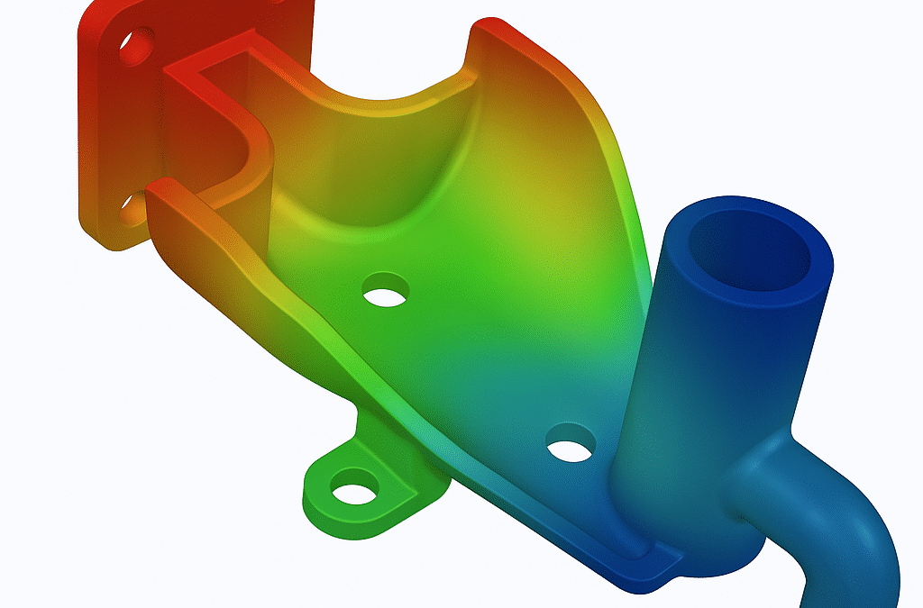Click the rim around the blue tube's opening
[x=816, y=270]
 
